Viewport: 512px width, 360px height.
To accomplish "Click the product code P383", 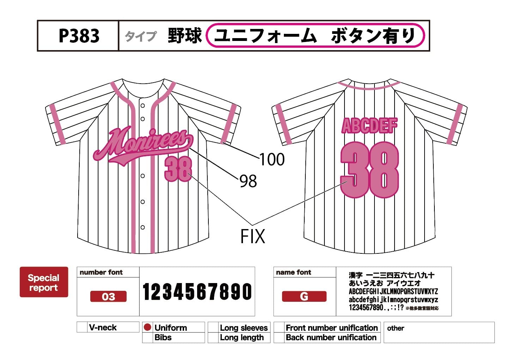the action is click(79, 36).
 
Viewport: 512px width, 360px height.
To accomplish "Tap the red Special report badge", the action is click(44, 282).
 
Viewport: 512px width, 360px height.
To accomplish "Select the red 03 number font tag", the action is click(108, 296).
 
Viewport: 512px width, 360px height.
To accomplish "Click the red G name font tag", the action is click(304, 296).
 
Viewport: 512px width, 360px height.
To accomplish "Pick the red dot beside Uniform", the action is click(148, 327).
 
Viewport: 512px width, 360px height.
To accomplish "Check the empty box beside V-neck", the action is click(82, 327).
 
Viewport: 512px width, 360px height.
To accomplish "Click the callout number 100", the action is click(272, 160).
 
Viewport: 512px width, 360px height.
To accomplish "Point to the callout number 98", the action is click(248, 181).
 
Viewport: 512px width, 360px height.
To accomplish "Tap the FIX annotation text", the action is click(252, 236).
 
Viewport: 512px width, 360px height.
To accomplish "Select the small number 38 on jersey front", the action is click(178, 169).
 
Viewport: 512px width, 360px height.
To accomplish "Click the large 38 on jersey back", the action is click(370, 169).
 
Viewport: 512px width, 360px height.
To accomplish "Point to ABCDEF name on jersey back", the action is click(370, 126).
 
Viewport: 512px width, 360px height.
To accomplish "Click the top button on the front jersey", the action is click(142, 106).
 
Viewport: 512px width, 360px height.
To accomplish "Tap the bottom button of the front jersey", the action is click(142, 227).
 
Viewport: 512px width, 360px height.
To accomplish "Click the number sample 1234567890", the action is click(197, 292).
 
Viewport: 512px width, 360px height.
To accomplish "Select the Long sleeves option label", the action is click(244, 328).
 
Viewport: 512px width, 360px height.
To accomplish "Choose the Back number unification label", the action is click(331, 337).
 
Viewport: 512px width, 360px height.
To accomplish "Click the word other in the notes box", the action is click(395, 328).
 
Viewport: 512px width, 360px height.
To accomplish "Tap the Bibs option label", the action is click(163, 337).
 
